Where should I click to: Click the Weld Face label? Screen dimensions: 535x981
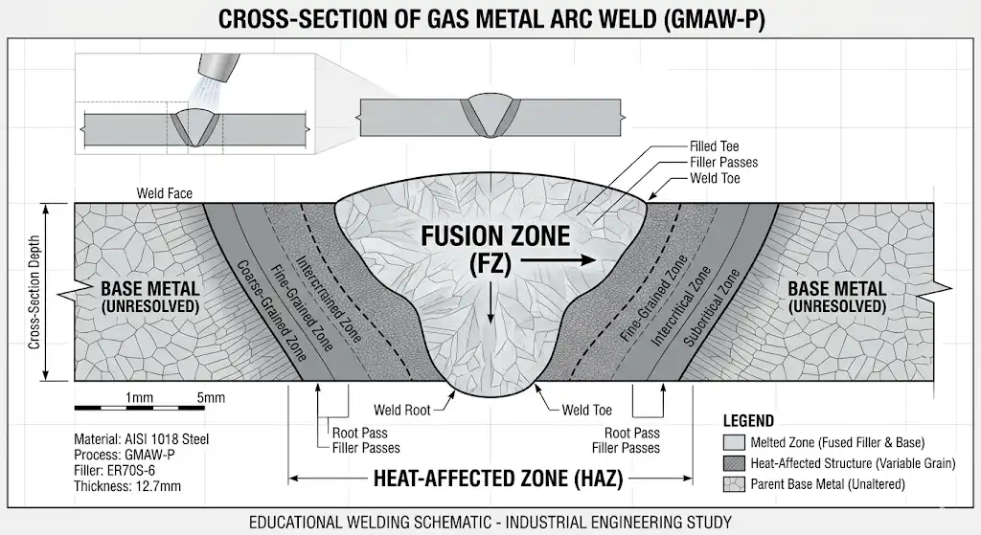click(x=164, y=193)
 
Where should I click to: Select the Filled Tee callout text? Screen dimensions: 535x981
click(x=715, y=146)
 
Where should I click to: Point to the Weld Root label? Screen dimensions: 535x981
click(x=401, y=411)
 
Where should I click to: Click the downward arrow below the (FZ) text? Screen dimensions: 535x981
click(x=490, y=300)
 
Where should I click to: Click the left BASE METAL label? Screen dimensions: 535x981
click(x=149, y=288)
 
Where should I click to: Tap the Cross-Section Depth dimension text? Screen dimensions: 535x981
click(x=34, y=292)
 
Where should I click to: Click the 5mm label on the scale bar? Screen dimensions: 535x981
click(x=211, y=397)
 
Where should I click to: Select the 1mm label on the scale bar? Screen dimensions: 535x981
click(x=138, y=397)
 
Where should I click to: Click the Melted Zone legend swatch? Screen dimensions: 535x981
click(x=733, y=442)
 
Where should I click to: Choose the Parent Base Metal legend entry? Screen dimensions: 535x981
click(x=823, y=485)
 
